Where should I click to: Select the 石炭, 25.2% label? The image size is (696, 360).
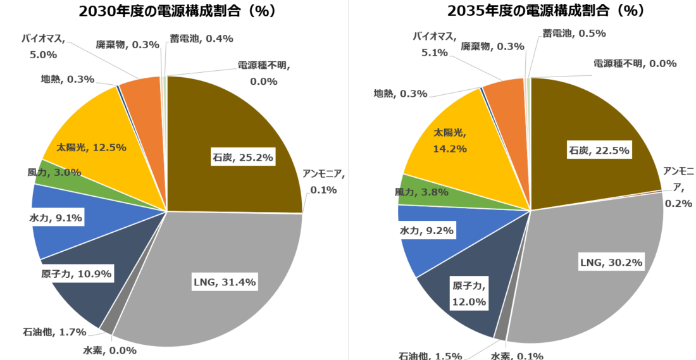click(x=242, y=158)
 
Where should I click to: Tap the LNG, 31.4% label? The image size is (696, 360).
click(x=224, y=282)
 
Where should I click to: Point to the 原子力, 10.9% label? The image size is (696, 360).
click(x=72, y=274)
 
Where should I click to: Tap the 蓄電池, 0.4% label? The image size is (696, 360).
click(x=202, y=39)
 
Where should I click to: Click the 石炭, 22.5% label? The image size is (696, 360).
click(x=598, y=151)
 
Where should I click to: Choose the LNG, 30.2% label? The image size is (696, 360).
click(x=611, y=262)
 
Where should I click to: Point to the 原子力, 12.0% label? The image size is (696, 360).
click(x=469, y=294)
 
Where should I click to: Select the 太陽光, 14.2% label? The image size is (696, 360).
click(x=450, y=141)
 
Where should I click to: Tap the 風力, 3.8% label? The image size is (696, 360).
click(x=421, y=192)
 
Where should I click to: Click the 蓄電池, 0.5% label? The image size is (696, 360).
click(x=574, y=34)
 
